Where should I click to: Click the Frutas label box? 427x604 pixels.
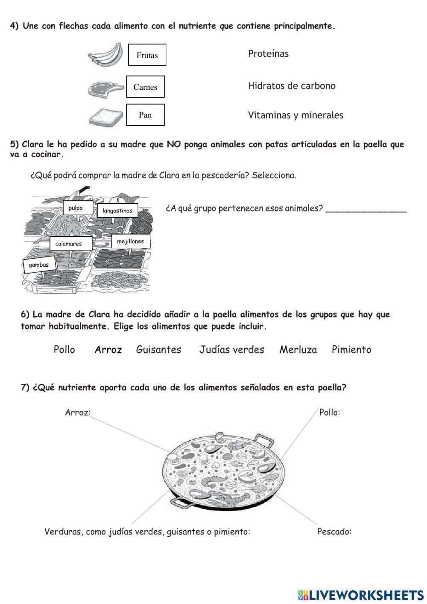(x=147, y=55)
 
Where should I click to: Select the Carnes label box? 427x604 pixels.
(x=145, y=87)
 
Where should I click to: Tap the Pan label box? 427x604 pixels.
(x=145, y=115)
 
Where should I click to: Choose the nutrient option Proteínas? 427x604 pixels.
(x=268, y=54)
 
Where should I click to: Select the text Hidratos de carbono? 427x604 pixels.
(x=292, y=86)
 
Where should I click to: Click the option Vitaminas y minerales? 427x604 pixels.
(x=295, y=115)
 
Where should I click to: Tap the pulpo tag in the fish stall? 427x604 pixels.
(x=76, y=208)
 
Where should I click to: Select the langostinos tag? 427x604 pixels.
(x=117, y=211)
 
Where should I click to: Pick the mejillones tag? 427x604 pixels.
(x=131, y=242)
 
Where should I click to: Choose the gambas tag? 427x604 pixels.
(x=39, y=265)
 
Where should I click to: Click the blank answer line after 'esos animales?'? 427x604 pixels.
(x=366, y=209)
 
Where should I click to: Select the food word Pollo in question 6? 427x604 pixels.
(x=64, y=350)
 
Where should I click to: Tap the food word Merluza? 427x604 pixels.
(x=298, y=350)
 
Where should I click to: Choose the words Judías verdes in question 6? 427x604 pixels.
(x=232, y=350)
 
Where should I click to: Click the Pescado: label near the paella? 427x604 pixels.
(x=334, y=532)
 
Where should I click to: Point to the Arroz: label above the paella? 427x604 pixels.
(x=78, y=412)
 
